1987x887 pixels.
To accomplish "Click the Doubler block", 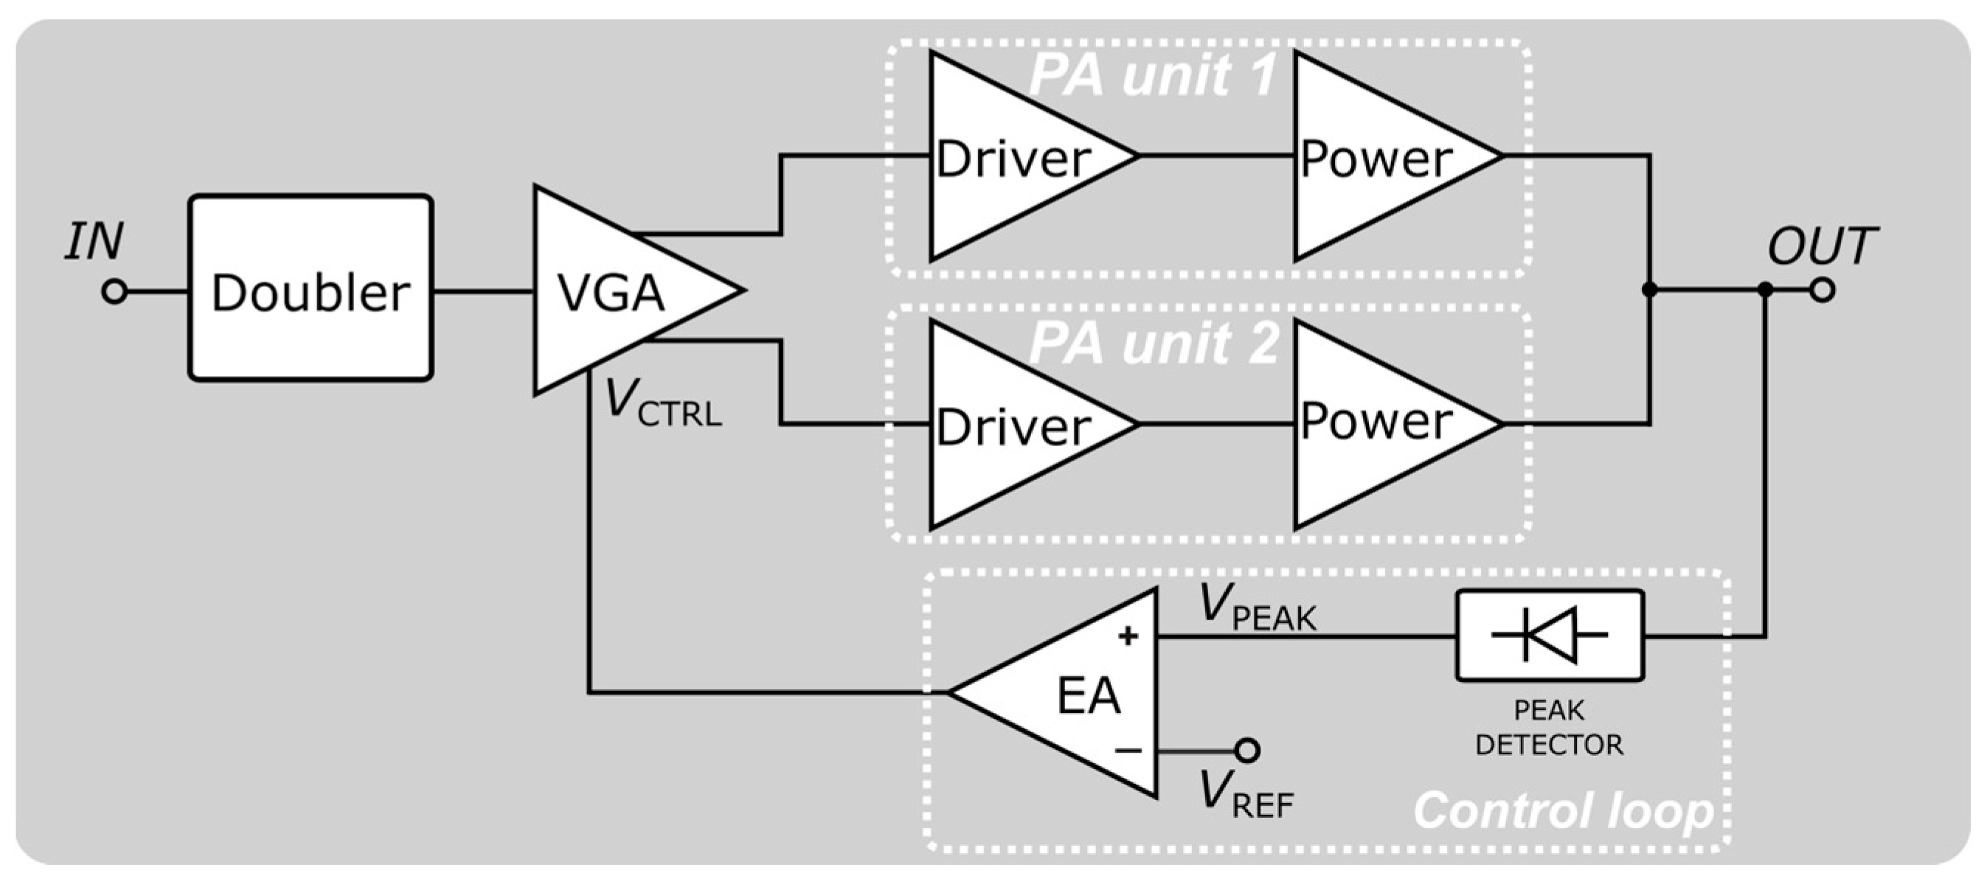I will (310, 288).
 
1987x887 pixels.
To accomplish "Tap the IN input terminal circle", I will (114, 291).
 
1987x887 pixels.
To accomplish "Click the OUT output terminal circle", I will (1822, 290).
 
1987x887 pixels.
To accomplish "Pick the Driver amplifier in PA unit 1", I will (1010, 156).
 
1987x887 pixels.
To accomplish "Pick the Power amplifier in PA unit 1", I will (1377, 156).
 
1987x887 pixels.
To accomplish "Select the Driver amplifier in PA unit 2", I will (1010, 424).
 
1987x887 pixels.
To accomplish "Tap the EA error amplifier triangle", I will (1080, 692).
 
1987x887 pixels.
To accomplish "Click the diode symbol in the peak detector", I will (1549, 635).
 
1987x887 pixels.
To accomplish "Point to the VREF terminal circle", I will (1247, 750).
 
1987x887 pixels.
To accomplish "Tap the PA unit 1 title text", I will (1153, 76).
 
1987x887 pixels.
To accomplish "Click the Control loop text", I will (1563, 810).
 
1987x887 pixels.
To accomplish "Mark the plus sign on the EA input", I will (1128, 636).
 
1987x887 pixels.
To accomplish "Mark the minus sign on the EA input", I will (1128, 750).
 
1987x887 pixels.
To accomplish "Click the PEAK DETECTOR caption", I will (1549, 727).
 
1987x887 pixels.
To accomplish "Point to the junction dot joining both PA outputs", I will (1649, 290).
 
